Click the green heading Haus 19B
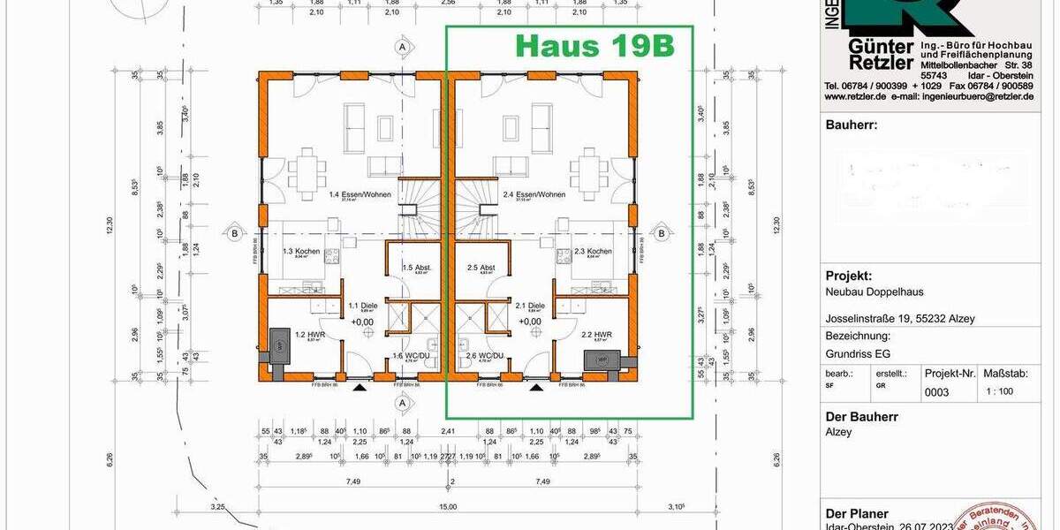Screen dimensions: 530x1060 [594, 47]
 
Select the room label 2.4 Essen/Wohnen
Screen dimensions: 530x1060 [541, 194]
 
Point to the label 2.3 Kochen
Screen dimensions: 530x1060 [593, 252]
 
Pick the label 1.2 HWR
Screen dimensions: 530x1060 [306, 335]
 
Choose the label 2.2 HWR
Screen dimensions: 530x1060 [598, 335]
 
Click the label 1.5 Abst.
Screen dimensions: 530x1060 [415, 268]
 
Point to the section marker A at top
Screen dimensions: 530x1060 [401, 45]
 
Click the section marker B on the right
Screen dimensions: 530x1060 [661, 233]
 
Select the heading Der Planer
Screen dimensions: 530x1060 [857, 513]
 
